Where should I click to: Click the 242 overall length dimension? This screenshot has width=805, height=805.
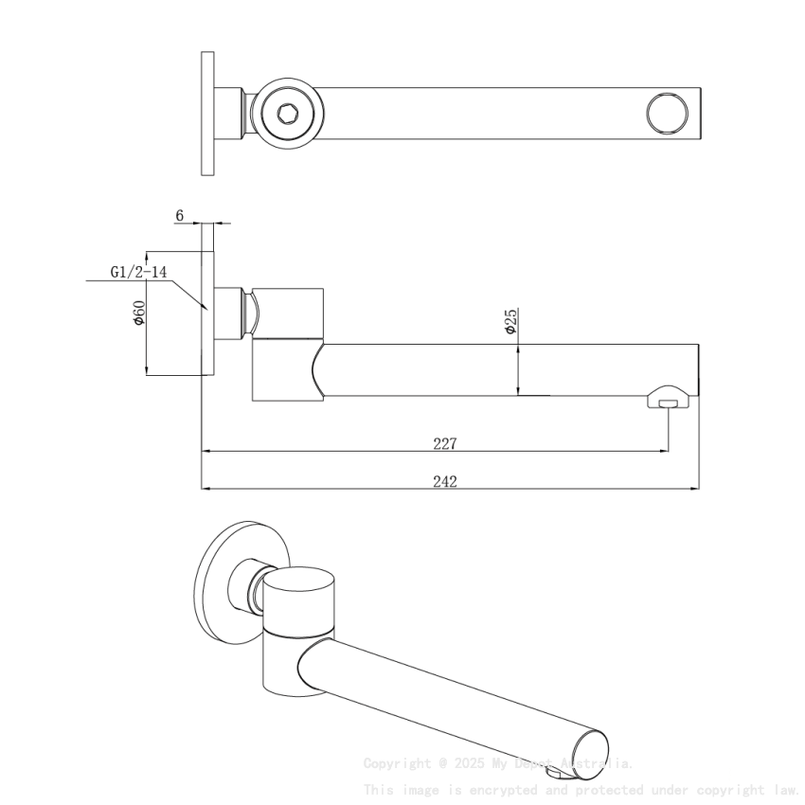[445, 481]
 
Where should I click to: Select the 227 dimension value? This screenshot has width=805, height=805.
[445, 443]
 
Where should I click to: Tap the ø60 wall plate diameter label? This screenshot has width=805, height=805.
[138, 313]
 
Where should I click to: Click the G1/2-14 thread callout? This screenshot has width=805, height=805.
[138, 272]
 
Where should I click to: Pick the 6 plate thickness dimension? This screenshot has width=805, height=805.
[179, 216]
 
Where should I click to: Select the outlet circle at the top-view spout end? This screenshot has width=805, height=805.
[668, 113]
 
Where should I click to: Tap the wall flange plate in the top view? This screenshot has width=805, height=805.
[208, 113]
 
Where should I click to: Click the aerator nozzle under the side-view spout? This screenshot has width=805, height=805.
[669, 402]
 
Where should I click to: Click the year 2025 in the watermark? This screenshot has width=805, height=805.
[469, 763]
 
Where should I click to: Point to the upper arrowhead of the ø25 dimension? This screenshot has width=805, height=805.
[518, 348]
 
